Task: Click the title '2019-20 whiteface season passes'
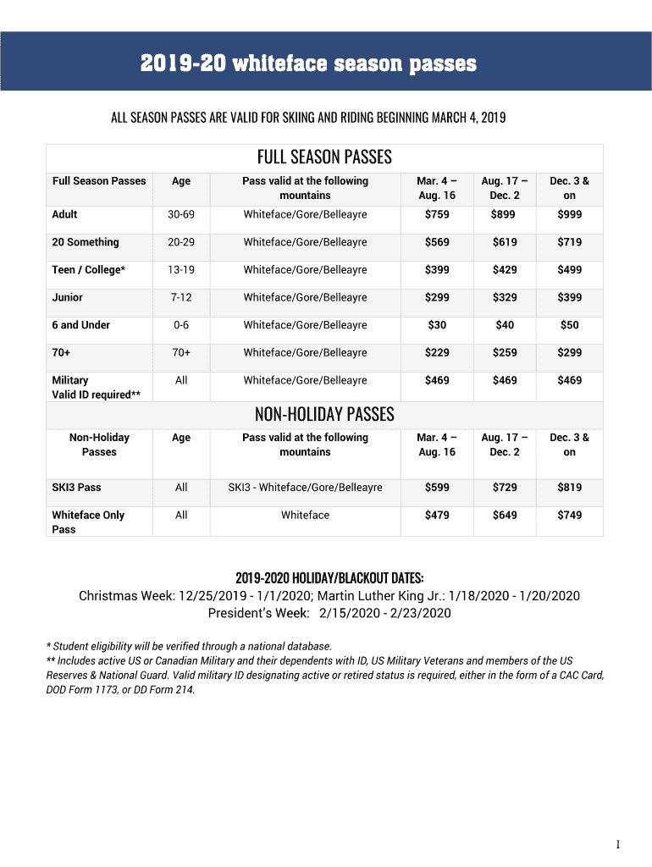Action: pos(308,64)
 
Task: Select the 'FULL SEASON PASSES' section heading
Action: pos(324,157)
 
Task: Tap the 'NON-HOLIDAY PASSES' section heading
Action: pos(324,414)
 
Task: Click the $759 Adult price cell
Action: pos(437,215)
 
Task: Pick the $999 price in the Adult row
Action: pos(569,215)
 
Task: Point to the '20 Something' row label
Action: pos(86,242)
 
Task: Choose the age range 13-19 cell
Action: pos(181,270)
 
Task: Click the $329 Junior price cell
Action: pos(504,298)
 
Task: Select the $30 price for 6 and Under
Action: pos(437,325)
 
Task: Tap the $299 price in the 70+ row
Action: pos(569,353)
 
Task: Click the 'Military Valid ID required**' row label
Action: pos(96,388)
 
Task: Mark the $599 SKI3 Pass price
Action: pos(437,488)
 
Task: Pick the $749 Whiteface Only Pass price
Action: pos(569,516)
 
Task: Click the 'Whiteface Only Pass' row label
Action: pos(88,522)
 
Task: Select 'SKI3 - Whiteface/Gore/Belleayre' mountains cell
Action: pos(305,488)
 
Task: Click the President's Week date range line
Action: pos(329,613)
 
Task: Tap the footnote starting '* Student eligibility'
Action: pos(189,647)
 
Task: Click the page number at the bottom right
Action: pos(618,845)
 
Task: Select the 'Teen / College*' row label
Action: pos(89,270)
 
